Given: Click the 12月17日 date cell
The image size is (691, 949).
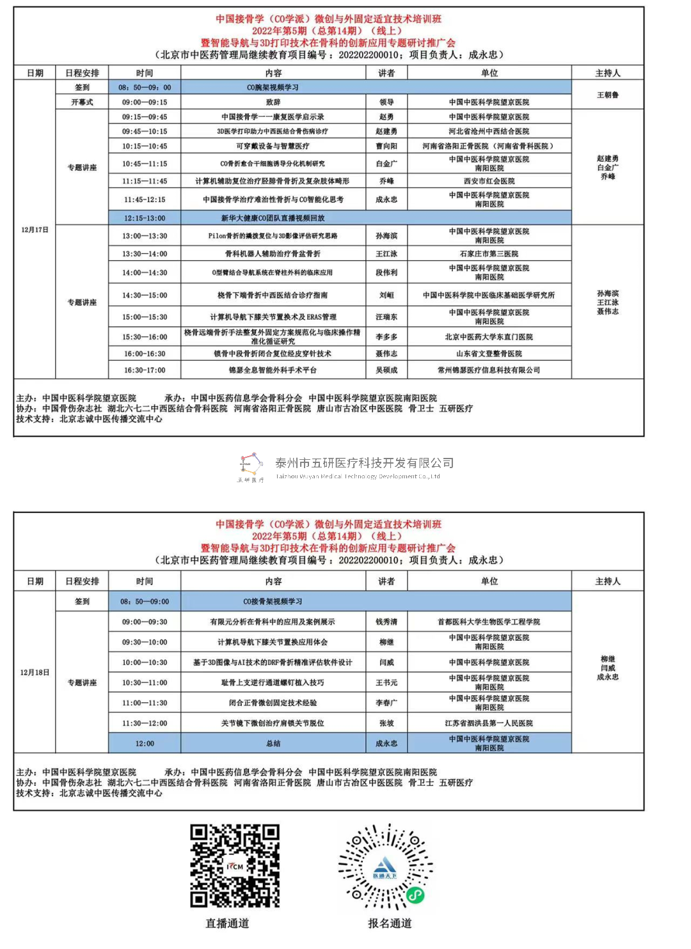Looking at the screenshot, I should [35, 230].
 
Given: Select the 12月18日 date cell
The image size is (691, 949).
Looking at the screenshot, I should [35, 672].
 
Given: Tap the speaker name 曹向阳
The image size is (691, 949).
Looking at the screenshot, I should [386, 146].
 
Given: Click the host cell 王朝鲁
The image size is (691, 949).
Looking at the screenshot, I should [607, 95].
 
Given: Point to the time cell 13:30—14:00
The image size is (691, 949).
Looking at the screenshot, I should [145, 254].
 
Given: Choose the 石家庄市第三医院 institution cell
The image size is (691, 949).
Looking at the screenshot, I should [489, 254].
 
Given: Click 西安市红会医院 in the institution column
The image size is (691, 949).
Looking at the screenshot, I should [489, 181].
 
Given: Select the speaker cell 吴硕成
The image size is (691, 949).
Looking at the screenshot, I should [386, 370].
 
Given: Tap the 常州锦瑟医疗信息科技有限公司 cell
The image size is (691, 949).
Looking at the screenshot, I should [489, 370].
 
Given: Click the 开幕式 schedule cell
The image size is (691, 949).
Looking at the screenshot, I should [82, 102].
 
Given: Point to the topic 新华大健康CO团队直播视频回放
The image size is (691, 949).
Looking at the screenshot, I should [273, 218].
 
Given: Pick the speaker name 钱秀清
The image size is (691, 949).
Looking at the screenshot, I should [386, 622].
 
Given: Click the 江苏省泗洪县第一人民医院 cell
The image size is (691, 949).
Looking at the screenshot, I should [489, 723].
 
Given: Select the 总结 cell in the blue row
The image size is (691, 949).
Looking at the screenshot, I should [273, 744].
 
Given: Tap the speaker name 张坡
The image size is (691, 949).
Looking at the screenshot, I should [386, 723].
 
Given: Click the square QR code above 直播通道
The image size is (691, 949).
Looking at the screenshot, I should [235, 866].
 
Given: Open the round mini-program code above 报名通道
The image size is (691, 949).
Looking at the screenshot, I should [386, 867].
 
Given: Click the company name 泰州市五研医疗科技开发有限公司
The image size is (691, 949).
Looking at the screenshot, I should [364, 463].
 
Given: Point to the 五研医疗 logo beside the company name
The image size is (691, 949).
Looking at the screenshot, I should [251, 466].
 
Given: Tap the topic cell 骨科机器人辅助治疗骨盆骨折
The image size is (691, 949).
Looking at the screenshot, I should [273, 254].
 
